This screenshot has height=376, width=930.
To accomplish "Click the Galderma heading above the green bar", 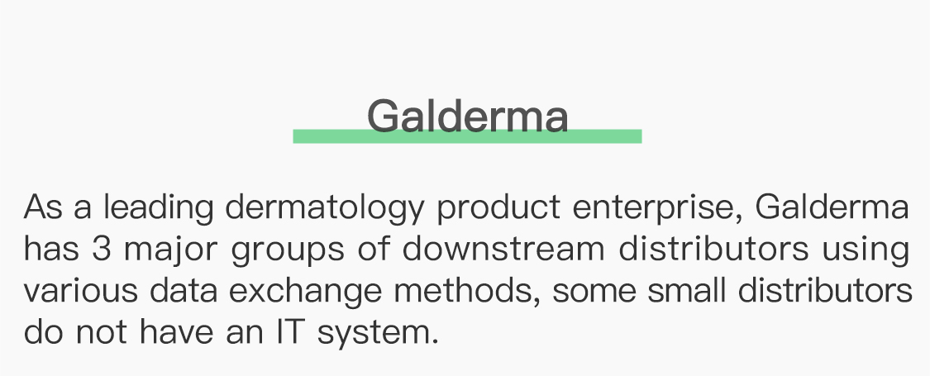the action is tap(468, 116).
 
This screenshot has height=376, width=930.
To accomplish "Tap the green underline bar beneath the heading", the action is tap(467, 136).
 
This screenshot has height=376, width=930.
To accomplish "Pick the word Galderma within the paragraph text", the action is tap(832, 207).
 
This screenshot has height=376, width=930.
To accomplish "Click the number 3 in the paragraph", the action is tap(102, 250).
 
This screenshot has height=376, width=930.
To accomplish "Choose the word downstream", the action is tap(503, 249).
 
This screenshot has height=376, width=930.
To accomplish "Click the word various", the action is tap(81, 291).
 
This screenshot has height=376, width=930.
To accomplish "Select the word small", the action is tap(687, 291).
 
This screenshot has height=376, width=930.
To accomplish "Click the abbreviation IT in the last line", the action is tap(289, 332).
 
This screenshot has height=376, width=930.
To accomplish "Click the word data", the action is tap(184, 291).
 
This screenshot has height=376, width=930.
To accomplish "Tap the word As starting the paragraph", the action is tap(43, 207).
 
